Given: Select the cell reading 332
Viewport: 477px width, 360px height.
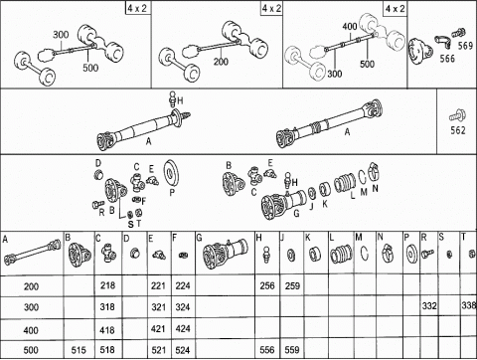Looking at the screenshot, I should point(429,307).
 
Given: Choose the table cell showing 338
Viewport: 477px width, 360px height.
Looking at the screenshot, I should point(468,307).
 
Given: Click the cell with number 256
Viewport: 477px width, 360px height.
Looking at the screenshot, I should point(265,285).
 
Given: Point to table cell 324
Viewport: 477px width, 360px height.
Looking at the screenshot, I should point(182,307).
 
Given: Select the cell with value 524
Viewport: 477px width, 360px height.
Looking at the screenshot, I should point(182,350).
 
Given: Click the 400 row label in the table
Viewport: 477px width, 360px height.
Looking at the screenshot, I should point(31,328).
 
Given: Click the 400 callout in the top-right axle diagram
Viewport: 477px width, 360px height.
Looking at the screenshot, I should point(348,24).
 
